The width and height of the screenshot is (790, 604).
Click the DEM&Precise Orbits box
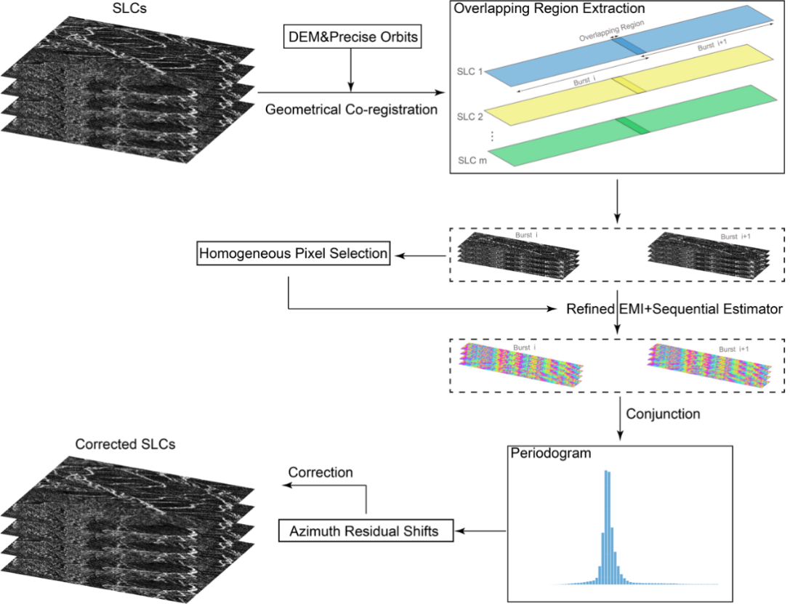pos(352,37)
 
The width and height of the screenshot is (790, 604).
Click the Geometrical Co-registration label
pos(352,110)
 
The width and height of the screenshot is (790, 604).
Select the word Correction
pos(321,472)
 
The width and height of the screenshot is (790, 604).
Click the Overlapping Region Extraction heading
pos(548,8)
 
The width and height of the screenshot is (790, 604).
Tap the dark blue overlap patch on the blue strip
pos(626,46)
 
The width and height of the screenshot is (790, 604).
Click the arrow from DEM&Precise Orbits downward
pos(352,69)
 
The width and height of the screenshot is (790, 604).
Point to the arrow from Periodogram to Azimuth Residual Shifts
pos(481,531)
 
